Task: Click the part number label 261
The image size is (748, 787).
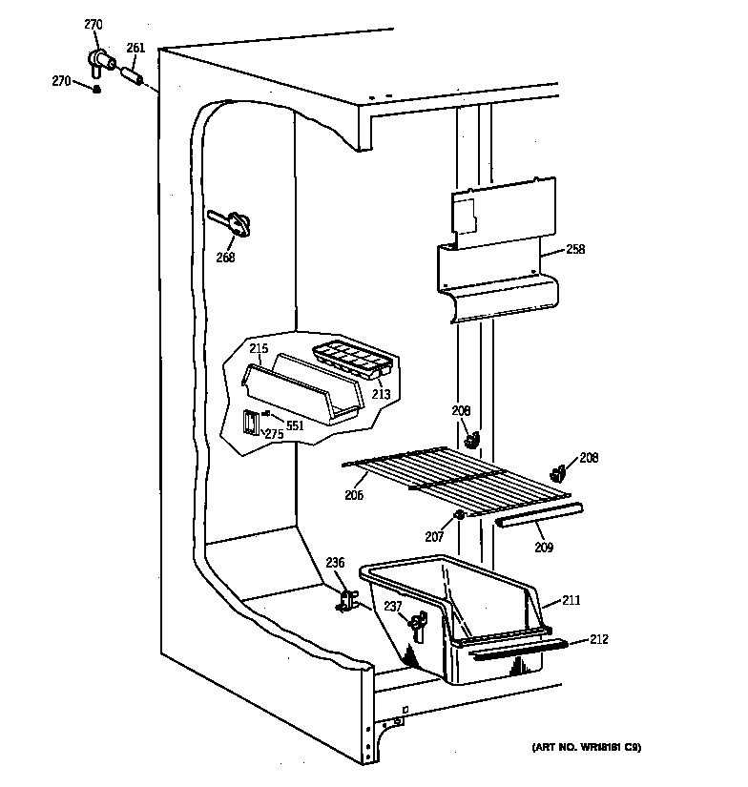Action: point(136,49)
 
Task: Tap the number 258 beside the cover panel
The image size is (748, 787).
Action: point(574,250)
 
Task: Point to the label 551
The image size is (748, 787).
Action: point(295,425)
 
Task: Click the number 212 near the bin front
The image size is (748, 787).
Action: point(598,639)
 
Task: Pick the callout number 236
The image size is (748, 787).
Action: point(335,564)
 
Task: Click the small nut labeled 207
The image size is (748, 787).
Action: point(459,516)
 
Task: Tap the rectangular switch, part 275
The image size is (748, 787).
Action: point(250,423)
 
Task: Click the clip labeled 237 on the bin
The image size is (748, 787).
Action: point(416,625)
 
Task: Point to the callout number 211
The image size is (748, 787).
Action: point(571,600)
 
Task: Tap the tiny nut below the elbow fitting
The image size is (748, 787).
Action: point(97,90)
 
